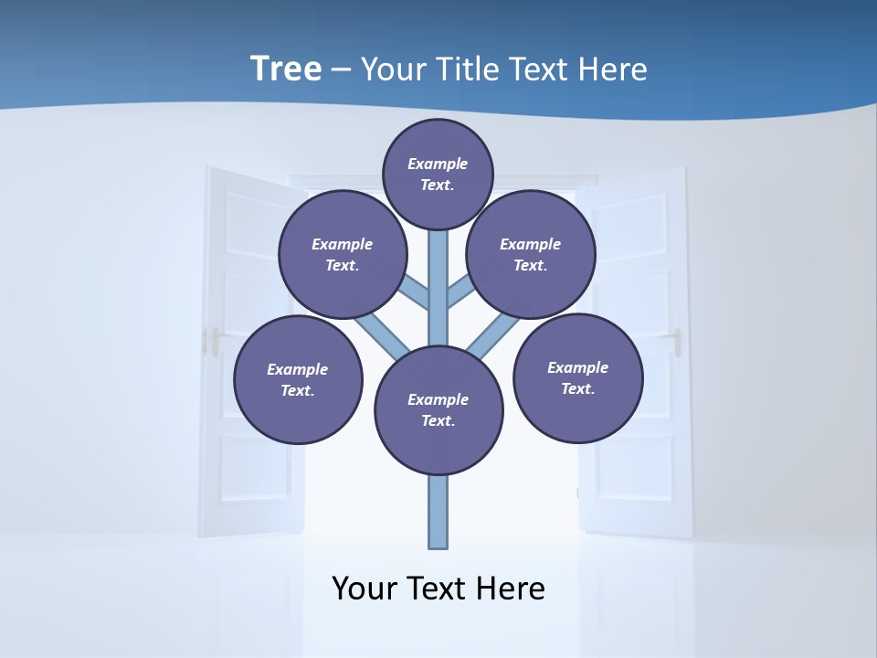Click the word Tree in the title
click(286, 69)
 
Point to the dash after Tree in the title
click(341, 70)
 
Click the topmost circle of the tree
click(438, 174)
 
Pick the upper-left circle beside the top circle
click(343, 254)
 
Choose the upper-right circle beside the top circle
click(531, 254)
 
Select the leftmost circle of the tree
click(298, 379)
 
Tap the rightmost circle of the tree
click(578, 377)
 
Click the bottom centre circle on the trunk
click(438, 409)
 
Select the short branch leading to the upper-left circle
click(416, 292)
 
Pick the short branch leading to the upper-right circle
click(460, 292)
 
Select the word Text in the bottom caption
click(439, 589)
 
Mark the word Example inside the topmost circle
click(438, 164)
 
